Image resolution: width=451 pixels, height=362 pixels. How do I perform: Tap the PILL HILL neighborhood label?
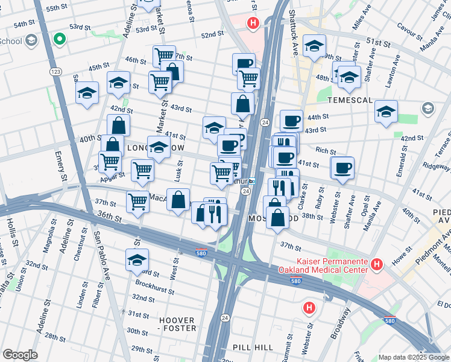(253, 348)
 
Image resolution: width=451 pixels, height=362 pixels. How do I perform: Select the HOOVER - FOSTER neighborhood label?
(177, 324)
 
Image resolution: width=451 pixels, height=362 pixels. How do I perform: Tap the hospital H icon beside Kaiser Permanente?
(377, 264)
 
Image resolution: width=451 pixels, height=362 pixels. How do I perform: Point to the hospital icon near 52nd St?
(253, 24)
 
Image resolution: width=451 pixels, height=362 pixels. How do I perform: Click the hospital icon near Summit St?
(309, 308)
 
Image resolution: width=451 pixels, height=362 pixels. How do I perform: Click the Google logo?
(20, 355)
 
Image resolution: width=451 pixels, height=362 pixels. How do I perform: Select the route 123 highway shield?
(55, 71)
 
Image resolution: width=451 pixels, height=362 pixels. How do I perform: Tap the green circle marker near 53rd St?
(59, 40)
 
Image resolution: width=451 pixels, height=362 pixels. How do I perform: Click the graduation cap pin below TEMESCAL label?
(386, 111)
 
